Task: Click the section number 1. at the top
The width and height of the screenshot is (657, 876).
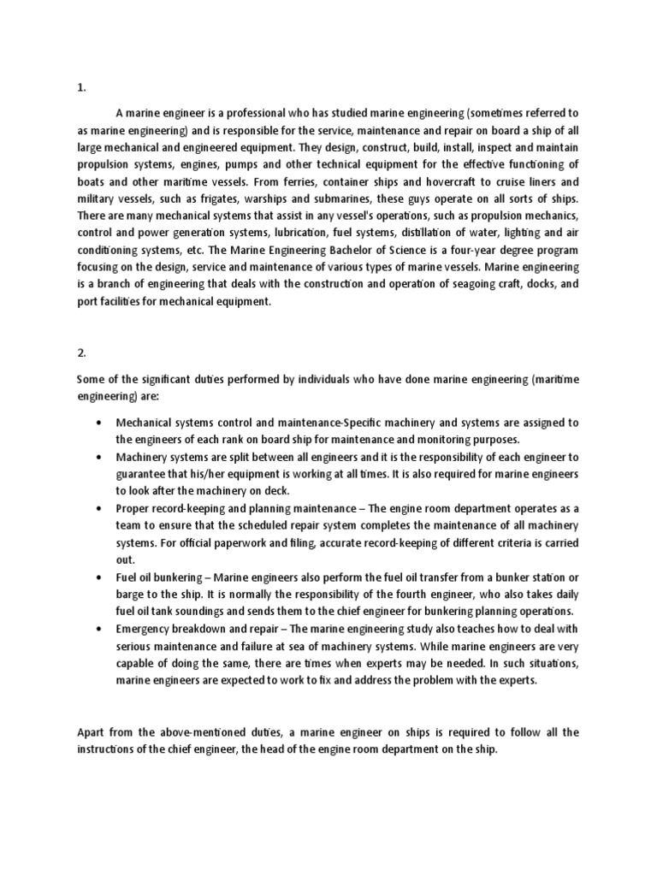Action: coord(80,87)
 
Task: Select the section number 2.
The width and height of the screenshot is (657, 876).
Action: coord(81,350)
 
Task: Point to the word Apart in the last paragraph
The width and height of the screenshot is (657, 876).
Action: coord(92,732)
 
